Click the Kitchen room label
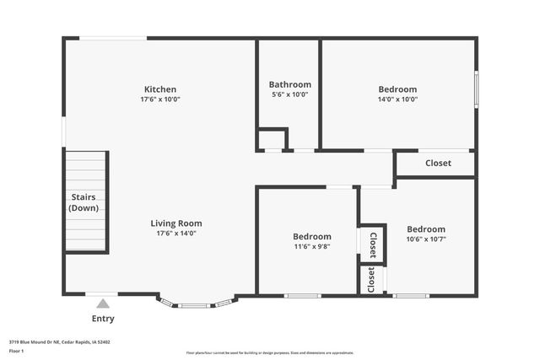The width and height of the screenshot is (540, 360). coord(160,89)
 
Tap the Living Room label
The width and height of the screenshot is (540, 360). coord(176,223)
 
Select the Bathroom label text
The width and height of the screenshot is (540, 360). coord(290,84)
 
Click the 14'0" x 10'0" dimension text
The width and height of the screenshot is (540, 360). coord(397,99)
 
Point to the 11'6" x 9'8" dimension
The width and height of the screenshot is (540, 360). coord(311,247)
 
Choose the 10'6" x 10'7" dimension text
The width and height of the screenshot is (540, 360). coord(426,239)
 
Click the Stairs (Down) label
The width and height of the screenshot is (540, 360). coord(84,202)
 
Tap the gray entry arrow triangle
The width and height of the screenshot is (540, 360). coord(103,304)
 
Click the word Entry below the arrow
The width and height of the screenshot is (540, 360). coord(103,319)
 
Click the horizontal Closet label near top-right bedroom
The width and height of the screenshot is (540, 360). coord(438,163)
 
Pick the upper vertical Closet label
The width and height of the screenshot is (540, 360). coord(373,244)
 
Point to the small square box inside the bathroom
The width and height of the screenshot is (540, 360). coord(272,140)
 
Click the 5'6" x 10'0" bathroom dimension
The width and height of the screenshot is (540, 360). coord(290,94)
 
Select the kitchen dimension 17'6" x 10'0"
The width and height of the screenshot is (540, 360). coord(160,99)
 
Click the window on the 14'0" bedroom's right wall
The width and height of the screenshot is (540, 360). coord(476,88)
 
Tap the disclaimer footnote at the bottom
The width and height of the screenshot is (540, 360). coord(270,352)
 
